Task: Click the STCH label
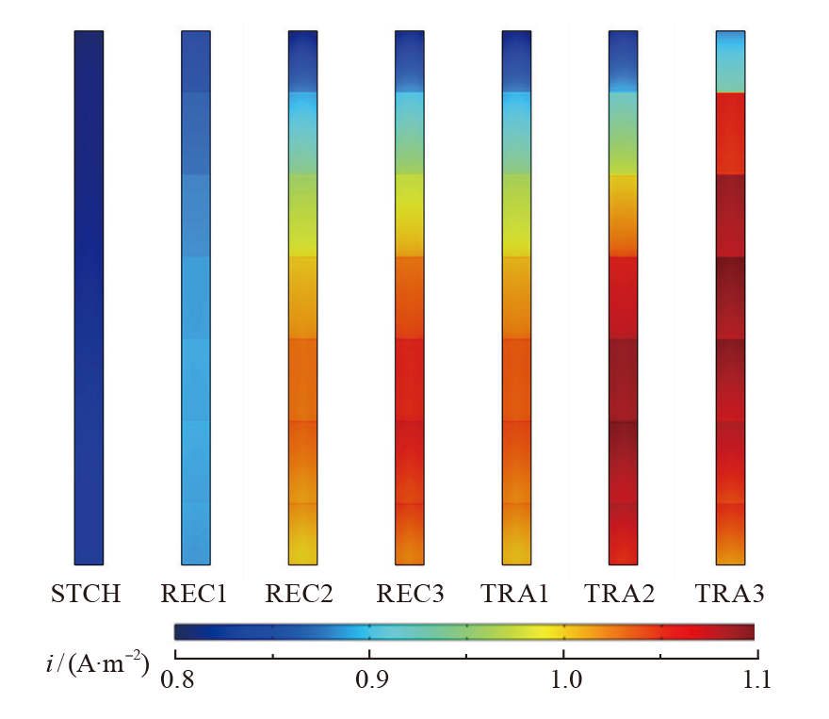point(88,595)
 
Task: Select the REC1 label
point(195,595)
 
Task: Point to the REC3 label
point(409,595)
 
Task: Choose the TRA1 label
point(516,595)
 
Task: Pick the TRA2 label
point(623,595)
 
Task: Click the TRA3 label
point(730,595)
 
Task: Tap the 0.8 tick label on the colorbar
point(176,680)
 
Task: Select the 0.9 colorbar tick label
point(369,680)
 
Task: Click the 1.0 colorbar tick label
point(563,680)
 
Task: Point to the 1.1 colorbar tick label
point(756,680)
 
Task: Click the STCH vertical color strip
point(88,297)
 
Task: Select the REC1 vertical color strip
point(195,297)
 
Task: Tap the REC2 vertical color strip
point(302,297)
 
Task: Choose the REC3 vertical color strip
point(409,297)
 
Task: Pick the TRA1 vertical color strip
point(516,297)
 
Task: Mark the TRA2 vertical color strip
point(624,297)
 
